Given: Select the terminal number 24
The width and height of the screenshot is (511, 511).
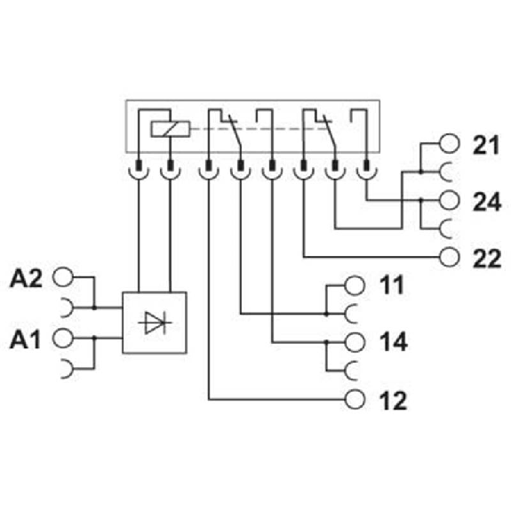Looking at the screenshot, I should [x=486, y=202].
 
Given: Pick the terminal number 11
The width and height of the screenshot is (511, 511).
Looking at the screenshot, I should [x=392, y=285].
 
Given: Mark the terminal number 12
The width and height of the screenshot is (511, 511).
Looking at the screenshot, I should [x=392, y=400].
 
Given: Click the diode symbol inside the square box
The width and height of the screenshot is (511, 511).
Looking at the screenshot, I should [x=154, y=323].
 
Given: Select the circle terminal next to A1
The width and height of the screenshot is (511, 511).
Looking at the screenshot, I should [x=63, y=339].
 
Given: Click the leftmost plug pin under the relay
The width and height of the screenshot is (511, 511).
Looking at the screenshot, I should [x=139, y=165].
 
